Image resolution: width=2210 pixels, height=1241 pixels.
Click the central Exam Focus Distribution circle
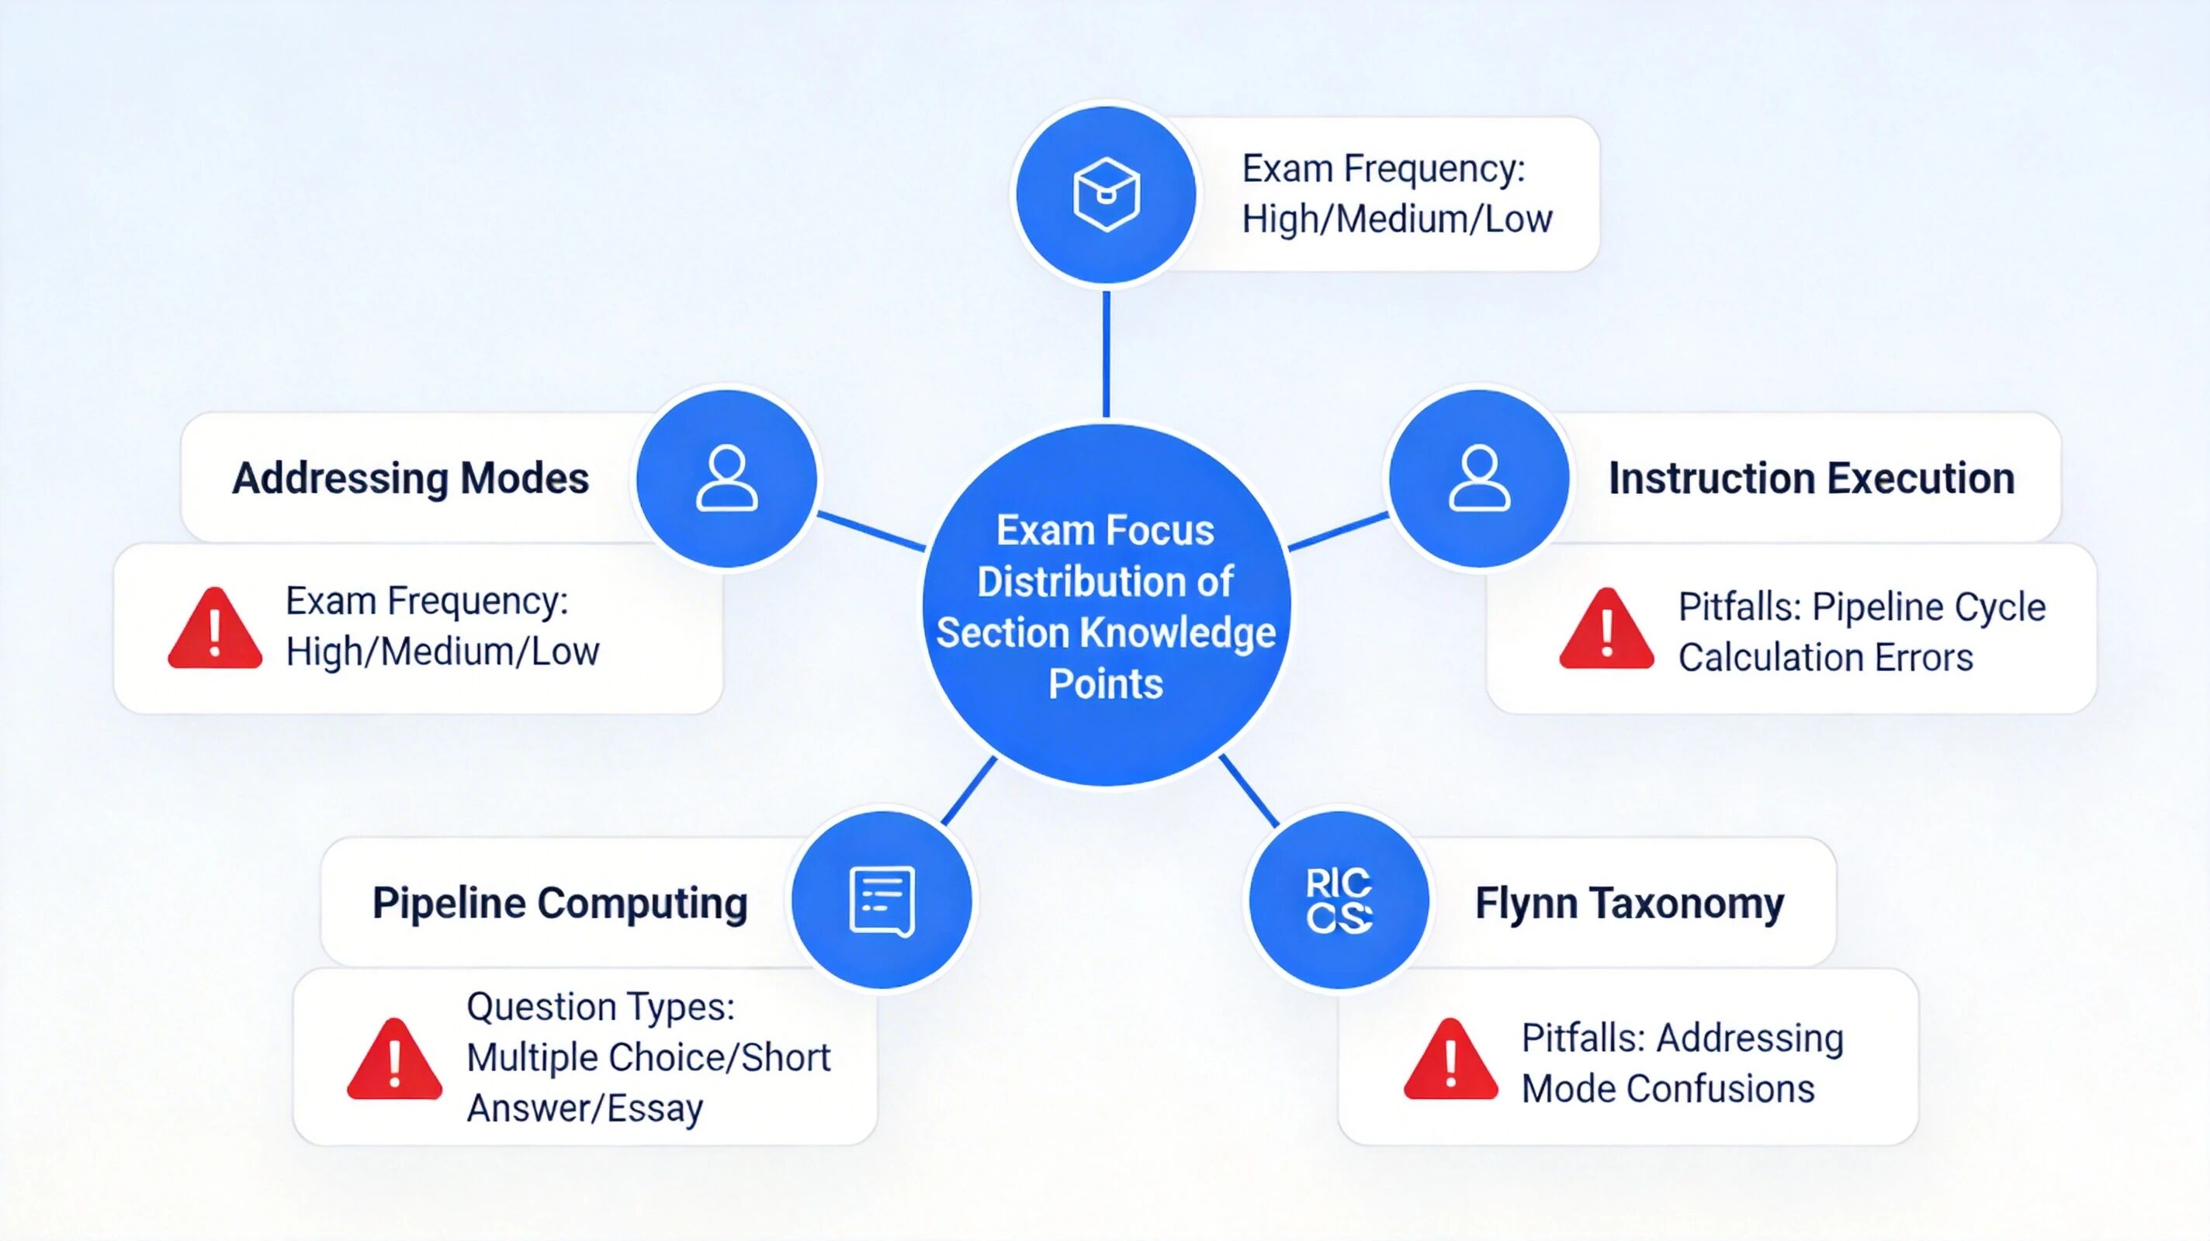pos(1106,605)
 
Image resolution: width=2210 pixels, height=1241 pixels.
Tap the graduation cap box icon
pos(1106,195)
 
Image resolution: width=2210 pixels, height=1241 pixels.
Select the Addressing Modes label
pos(410,479)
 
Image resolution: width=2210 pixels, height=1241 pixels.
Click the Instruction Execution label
pos(1811,479)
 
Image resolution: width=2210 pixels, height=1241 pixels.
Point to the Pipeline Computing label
pos(559,903)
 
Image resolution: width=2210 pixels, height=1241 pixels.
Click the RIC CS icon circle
pos(1339,901)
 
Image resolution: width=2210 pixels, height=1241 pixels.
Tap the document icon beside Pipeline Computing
pos(881,901)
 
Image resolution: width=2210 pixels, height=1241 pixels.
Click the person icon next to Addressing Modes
pos(726,479)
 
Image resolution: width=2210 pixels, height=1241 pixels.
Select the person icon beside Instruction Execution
pos(1479,479)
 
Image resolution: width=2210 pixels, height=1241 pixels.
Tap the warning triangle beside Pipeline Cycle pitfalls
pos(1606,631)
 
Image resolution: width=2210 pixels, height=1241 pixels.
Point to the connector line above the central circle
pos(1106,354)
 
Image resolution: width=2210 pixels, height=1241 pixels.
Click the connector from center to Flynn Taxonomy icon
pos(1249,790)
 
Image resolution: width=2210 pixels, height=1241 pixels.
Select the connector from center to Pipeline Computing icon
pos(969,790)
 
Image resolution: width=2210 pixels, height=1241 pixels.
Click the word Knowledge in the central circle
pos(1177,634)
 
